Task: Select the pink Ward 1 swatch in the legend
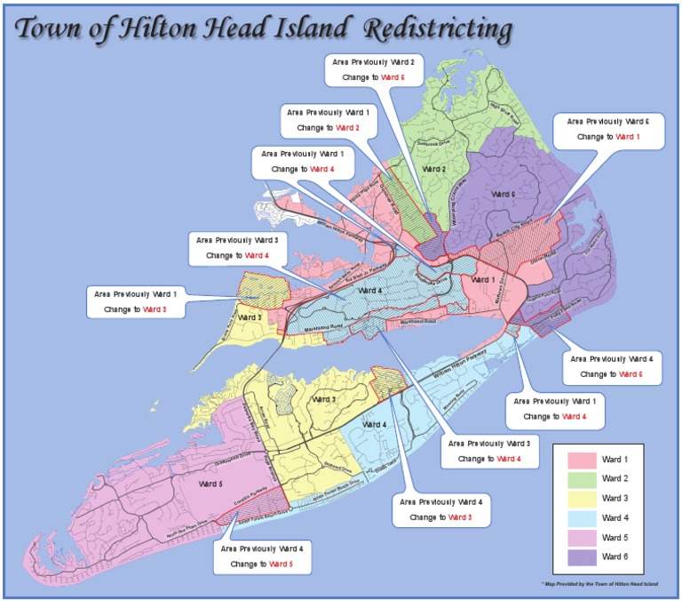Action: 582,460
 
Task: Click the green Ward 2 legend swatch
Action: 582,479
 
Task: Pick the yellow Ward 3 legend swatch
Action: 582,499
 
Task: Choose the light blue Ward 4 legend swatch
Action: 582,518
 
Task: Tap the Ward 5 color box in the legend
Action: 582,538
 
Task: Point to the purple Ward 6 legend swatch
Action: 582,557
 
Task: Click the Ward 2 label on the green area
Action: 432,169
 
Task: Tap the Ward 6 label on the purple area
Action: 503,194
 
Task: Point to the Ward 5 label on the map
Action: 210,485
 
